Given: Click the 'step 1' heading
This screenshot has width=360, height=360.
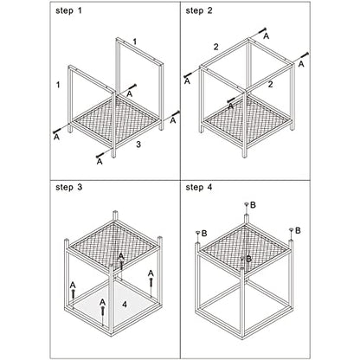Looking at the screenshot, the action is click(x=68, y=11).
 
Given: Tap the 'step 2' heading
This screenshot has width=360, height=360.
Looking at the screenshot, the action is click(x=199, y=11).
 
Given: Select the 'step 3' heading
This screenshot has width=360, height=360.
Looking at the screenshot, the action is click(x=69, y=187).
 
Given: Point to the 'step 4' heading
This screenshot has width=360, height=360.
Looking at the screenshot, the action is click(x=199, y=187).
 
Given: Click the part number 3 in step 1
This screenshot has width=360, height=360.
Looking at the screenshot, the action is click(x=138, y=145).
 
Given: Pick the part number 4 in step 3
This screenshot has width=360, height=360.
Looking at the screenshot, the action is click(x=125, y=304).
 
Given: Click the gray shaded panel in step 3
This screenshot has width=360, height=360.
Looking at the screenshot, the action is click(x=114, y=303).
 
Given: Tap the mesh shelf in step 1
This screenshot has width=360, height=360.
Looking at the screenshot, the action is click(x=116, y=120).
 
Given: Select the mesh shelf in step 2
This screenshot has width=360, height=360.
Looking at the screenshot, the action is click(x=247, y=121).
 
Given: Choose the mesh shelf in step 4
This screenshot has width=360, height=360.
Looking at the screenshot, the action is click(x=245, y=248).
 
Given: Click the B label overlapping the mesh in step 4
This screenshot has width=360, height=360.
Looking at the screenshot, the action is click(x=248, y=259).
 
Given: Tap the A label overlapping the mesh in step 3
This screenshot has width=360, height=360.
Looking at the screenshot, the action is click(x=121, y=256).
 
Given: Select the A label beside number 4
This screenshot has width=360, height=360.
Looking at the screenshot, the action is click(x=102, y=302).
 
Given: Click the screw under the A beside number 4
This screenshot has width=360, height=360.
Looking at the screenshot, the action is click(x=102, y=312).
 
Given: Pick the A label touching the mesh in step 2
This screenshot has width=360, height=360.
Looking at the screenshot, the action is click(x=231, y=106).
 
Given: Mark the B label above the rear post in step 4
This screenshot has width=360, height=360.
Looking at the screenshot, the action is click(x=253, y=205).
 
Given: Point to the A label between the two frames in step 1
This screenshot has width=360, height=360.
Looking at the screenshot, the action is click(x=130, y=94).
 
